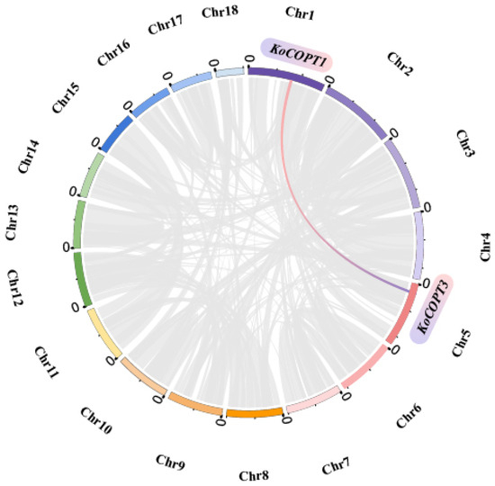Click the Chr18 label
point(220,12)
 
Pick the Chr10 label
point(96,420)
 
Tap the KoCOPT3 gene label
point(432,309)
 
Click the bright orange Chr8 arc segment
point(254,414)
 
